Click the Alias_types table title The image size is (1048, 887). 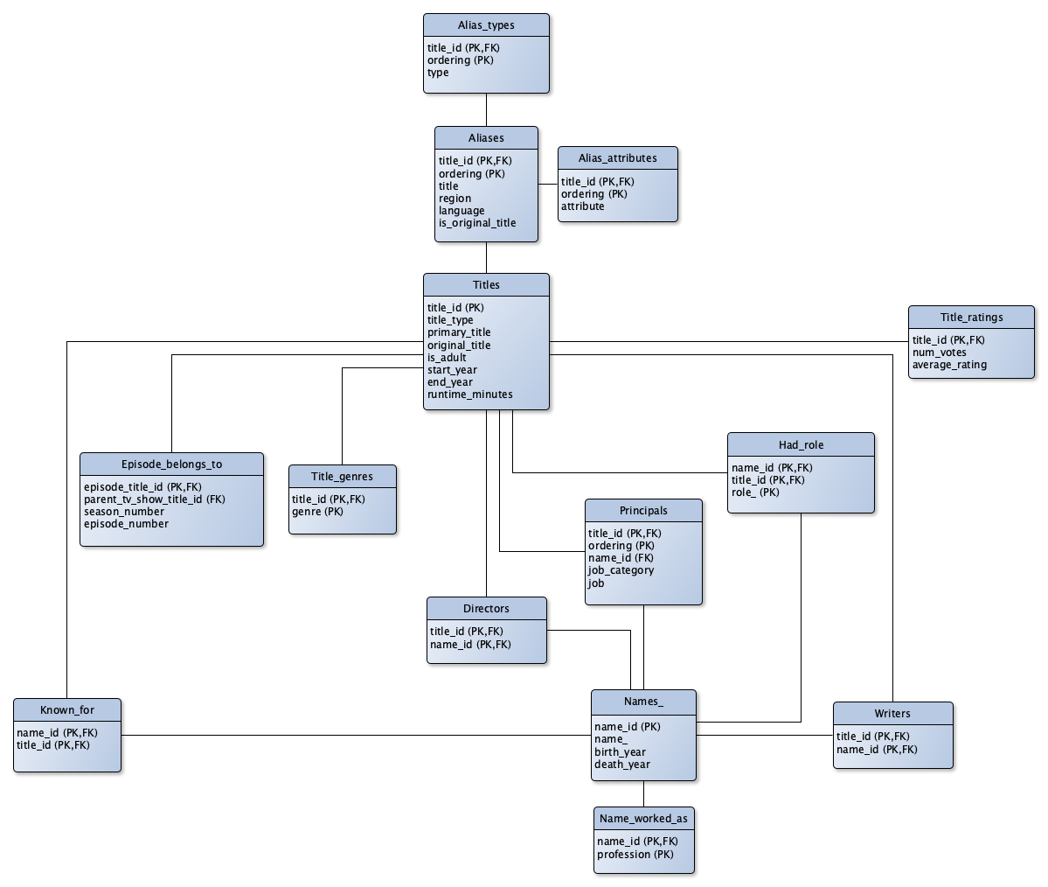486,25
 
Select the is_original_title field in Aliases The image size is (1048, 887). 477,223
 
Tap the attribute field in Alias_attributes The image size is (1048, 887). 583,206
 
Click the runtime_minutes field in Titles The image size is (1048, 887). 470,395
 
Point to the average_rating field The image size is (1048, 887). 949,365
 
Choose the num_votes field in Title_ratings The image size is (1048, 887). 940,353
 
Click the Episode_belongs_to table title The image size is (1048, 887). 171,464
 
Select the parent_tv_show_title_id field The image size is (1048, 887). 155,499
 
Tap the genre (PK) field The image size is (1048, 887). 318,512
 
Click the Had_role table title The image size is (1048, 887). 801,445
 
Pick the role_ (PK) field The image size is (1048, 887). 756,492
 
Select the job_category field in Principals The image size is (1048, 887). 621,570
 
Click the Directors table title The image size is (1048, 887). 486,609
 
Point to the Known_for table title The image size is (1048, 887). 67,710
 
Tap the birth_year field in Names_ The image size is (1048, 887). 621,752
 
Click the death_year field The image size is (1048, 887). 622,765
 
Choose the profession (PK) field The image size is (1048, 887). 635,855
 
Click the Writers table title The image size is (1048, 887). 892,714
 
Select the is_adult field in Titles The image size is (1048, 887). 448,358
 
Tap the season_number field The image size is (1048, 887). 124,512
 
